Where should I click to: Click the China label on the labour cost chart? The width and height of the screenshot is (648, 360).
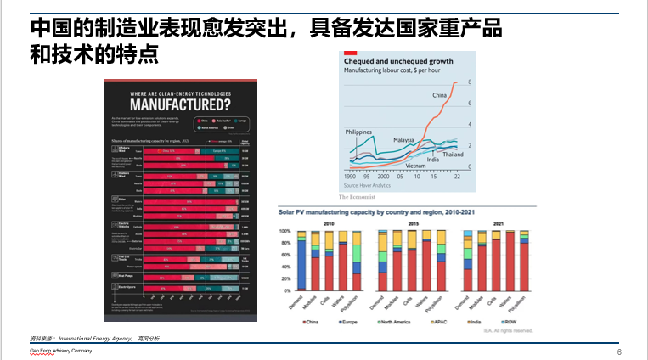coord(439,95)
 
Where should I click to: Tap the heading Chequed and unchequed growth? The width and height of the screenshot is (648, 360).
coord(397,61)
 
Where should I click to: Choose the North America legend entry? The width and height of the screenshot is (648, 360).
coord(397,323)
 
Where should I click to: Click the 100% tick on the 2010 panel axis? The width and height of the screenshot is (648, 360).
coord(285,232)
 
